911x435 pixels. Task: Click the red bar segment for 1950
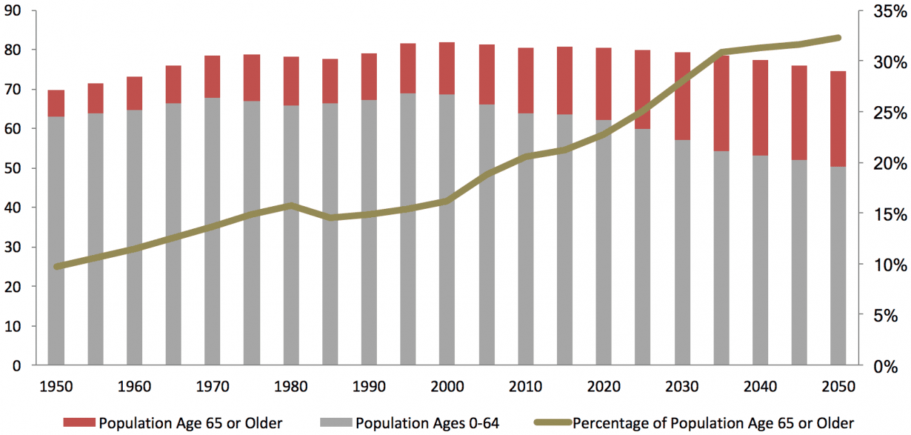tap(56, 103)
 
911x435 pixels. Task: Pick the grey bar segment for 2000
tap(447, 276)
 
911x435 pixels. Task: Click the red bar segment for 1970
tap(212, 77)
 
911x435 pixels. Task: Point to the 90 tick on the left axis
tap(15, 11)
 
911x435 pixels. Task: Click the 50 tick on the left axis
tap(15, 169)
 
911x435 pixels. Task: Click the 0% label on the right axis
tap(887, 366)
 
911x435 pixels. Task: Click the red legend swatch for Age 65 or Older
tap(79, 423)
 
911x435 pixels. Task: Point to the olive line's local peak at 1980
tap(291, 205)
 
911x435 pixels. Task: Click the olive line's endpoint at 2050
tap(838, 37)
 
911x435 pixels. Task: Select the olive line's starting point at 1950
tap(56, 266)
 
